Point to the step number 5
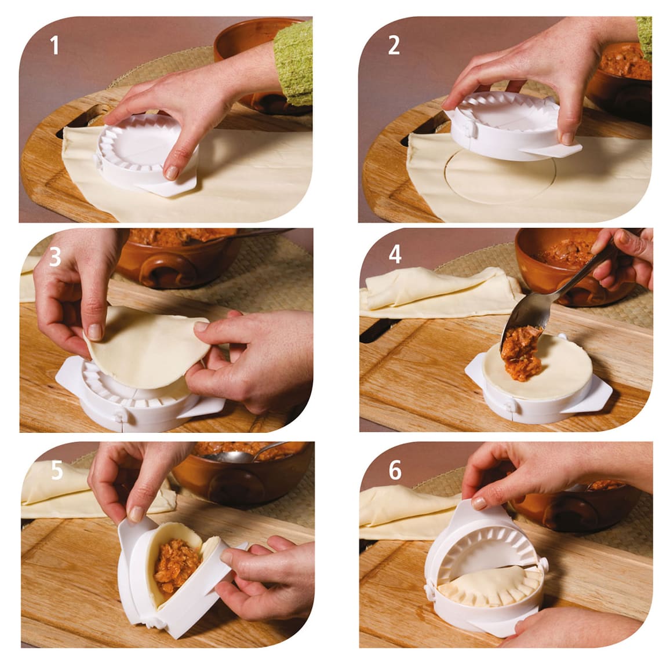[56, 470]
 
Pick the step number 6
[395, 470]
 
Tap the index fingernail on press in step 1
[172, 172]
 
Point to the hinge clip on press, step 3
[120, 417]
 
